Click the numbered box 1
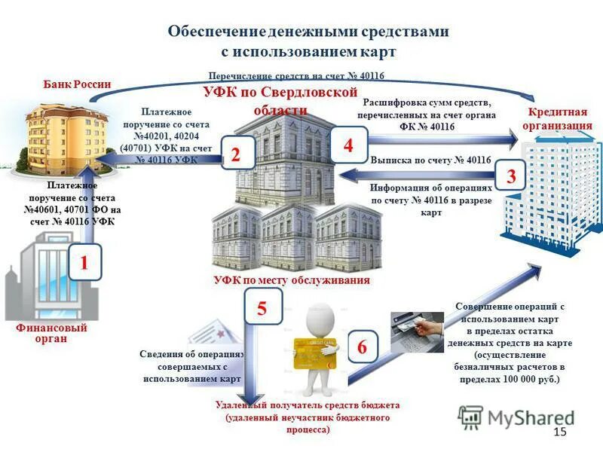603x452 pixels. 85,263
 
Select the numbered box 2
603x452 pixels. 235,155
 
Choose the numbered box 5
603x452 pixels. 262,309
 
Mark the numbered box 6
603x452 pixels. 362,347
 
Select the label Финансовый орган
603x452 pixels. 51,334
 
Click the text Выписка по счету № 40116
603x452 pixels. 430,160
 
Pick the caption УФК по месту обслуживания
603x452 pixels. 291,280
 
